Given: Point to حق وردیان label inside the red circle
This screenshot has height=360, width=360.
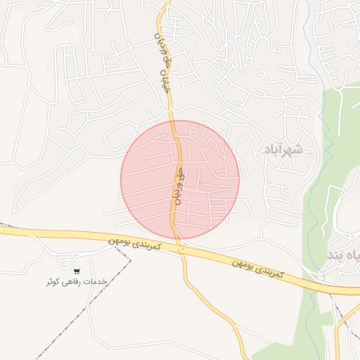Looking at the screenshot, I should click(x=178, y=184).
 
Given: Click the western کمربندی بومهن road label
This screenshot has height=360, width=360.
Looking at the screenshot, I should click(x=135, y=242).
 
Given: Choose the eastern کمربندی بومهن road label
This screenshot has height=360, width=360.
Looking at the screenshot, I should click(x=259, y=268).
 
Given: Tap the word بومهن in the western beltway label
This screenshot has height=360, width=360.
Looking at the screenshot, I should click(x=120, y=240).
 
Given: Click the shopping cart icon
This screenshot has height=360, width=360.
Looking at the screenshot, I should click(x=77, y=271).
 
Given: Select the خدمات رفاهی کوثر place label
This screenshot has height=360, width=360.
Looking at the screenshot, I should click(x=76, y=281).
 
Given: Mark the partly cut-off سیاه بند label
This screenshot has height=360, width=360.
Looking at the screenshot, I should click(x=344, y=254).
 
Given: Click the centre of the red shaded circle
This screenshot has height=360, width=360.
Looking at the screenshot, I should click(x=180, y=179).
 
